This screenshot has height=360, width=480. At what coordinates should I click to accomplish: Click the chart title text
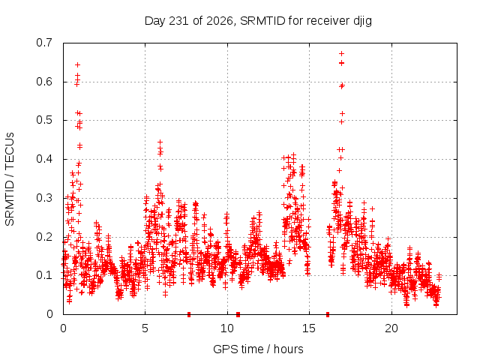(x=258, y=21)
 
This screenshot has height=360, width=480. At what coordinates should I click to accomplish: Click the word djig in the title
(x=363, y=22)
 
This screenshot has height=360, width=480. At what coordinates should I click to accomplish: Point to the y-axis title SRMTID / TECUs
(x=10, y=179)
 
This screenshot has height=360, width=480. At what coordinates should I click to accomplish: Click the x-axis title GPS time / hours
(x=258, y=349)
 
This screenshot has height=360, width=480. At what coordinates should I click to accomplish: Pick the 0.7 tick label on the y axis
(x=44, y=43)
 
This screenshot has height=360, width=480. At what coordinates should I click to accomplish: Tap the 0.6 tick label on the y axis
(x=44, y=82)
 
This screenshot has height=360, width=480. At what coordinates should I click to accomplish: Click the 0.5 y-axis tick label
(x=44, y=120)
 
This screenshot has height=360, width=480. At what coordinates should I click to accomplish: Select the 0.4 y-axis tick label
(x=44, y=159)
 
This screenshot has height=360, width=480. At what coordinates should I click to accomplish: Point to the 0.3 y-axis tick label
(x=44, y=198)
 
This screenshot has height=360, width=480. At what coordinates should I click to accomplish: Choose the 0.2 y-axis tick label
(x=44, y=237)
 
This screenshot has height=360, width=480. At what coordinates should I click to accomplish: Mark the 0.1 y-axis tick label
(x=44, y=275)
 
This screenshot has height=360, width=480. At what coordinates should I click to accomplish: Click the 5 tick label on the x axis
(x=145, y=328)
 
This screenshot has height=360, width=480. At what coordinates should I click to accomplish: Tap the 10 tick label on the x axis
(x=227, y=328)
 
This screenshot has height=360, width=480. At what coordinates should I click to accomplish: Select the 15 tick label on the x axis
(x=309, y=328)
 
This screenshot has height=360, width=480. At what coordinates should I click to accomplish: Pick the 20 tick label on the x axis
(x=391, y=328)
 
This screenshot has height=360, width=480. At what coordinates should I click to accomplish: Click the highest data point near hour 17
(x=342, y=53)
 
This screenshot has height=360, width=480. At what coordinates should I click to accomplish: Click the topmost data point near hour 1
(x=78, y=65)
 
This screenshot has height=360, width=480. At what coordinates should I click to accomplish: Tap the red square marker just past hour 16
(x=328, y=314)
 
